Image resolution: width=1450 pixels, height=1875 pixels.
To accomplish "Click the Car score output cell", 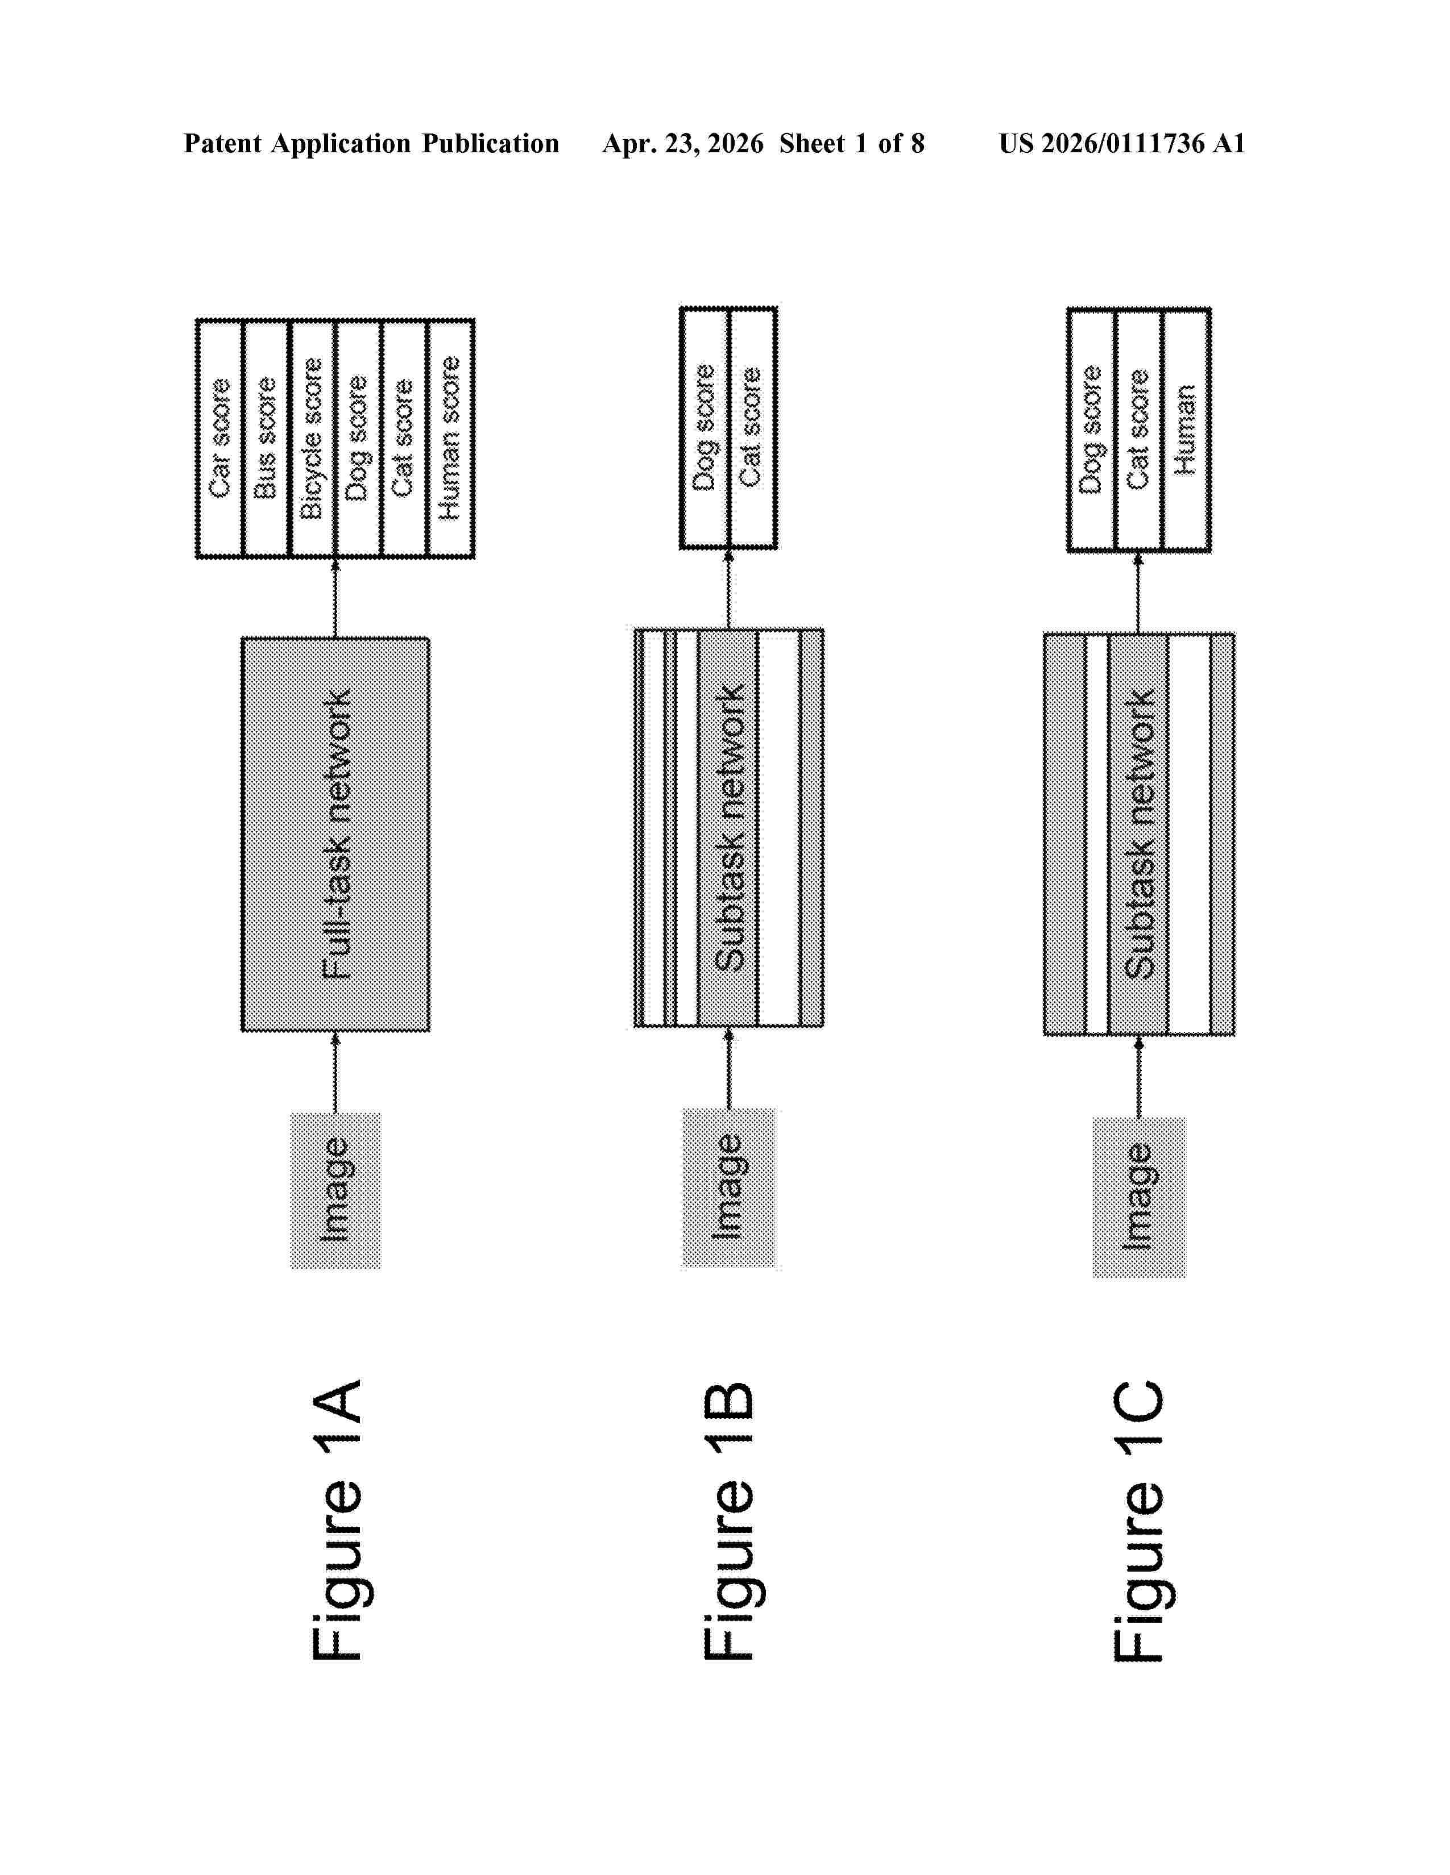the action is pos(221,439).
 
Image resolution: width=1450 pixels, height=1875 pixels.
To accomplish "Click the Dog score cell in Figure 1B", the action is pos(705,427).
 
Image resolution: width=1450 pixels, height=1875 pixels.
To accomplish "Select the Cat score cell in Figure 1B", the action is pos(752,427).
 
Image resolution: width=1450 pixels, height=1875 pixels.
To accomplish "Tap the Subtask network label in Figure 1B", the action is pos(730,828).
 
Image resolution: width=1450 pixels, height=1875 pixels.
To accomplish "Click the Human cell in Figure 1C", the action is pos(1186,429).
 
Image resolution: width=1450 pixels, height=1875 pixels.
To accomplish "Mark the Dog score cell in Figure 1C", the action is pos(1092,429).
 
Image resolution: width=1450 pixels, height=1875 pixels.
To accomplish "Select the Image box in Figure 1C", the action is pos(1139,1197).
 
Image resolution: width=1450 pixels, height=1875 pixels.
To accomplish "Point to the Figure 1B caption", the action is pos(730,1521).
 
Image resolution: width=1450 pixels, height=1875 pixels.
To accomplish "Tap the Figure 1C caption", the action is pos(1139,1521).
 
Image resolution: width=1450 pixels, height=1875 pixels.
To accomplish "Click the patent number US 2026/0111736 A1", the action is pos(1122,143).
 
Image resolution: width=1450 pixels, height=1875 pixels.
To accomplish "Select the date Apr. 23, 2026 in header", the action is pos(683,143).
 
